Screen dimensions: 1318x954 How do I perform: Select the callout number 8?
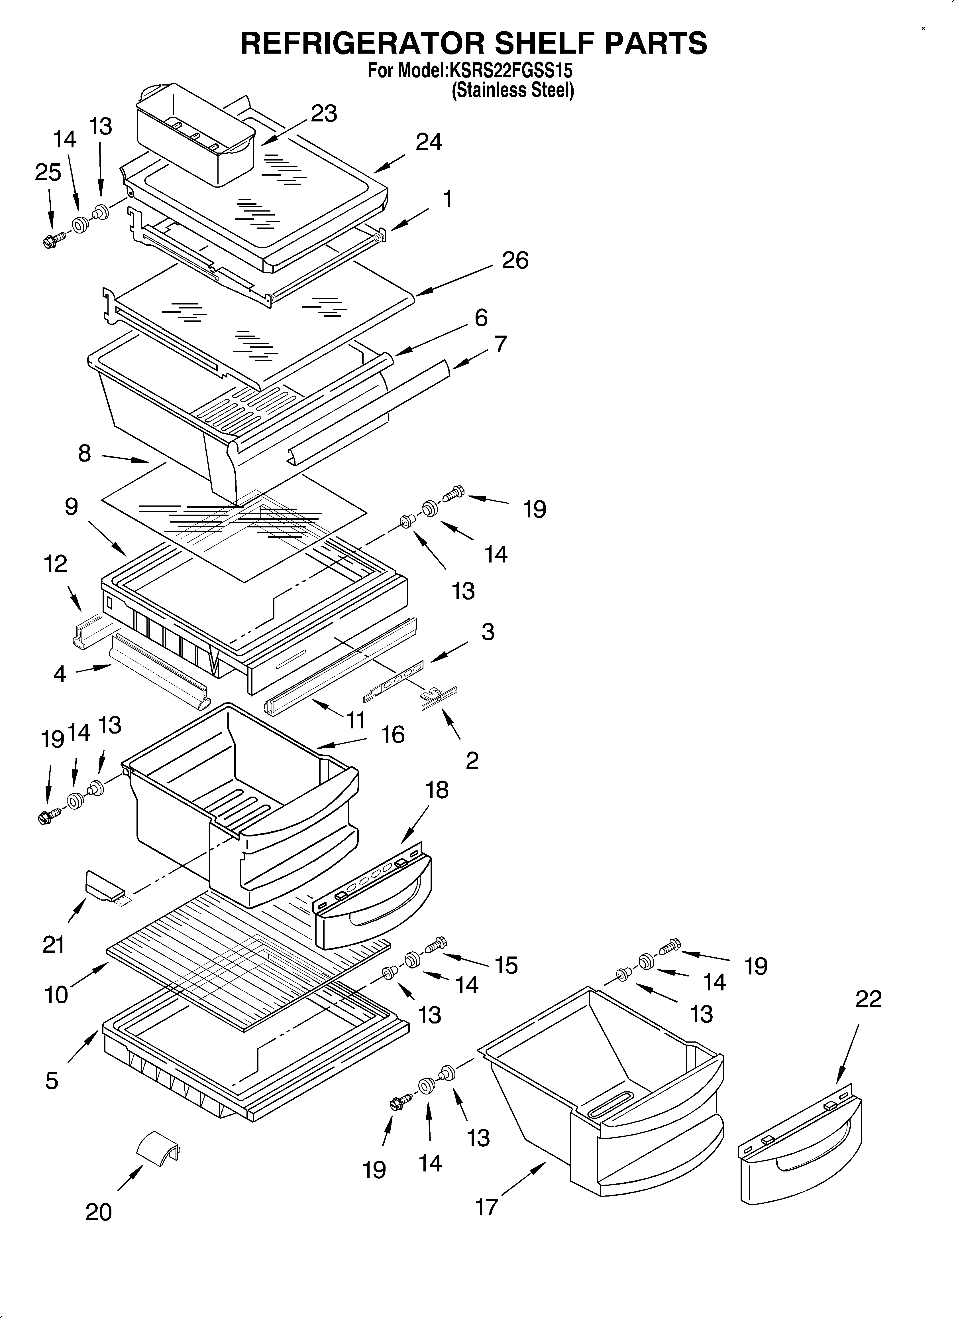(x=85, y=453)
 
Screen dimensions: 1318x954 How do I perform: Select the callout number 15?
(x=506, y=965)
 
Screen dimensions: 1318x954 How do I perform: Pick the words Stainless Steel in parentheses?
(x=513, y=91)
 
